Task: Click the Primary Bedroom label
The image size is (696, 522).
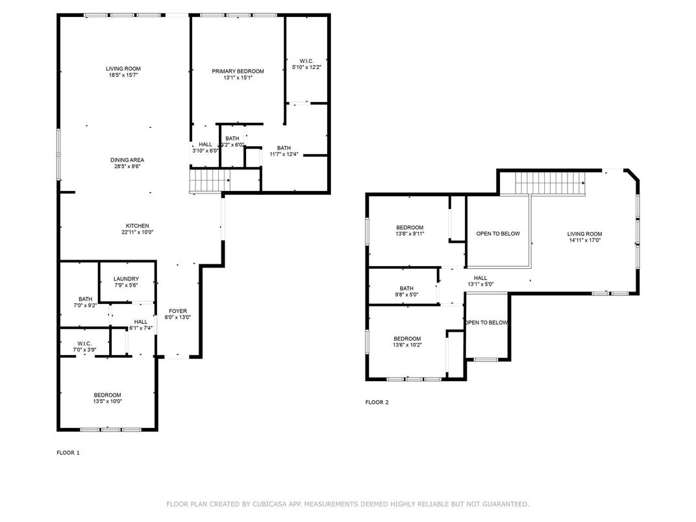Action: [238, 71]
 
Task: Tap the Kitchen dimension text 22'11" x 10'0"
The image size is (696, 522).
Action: [138, 232]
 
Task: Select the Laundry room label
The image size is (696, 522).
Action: [126, 279]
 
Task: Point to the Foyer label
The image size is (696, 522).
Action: [178, 311]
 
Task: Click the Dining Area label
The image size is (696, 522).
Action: [127, 160]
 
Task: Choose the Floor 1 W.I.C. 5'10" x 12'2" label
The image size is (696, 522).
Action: [306, 64]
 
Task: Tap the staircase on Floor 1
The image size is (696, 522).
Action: [210, 180]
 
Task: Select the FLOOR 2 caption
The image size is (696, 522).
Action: [377, 402]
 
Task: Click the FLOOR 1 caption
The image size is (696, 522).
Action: [68, 453]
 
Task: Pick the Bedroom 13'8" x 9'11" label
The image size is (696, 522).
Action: [410, 230]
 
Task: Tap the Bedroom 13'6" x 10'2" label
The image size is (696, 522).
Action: [407, 342]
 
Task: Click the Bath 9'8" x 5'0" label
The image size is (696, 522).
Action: [406, 291]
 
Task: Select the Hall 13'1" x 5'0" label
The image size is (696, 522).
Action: [480, 281]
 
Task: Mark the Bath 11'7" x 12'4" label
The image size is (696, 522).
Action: [284, 151]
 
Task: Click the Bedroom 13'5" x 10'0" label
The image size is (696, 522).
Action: [107, 398]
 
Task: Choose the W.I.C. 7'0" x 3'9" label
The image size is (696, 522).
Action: [84, 347]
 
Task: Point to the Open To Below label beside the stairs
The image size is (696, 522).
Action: [498, 234]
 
